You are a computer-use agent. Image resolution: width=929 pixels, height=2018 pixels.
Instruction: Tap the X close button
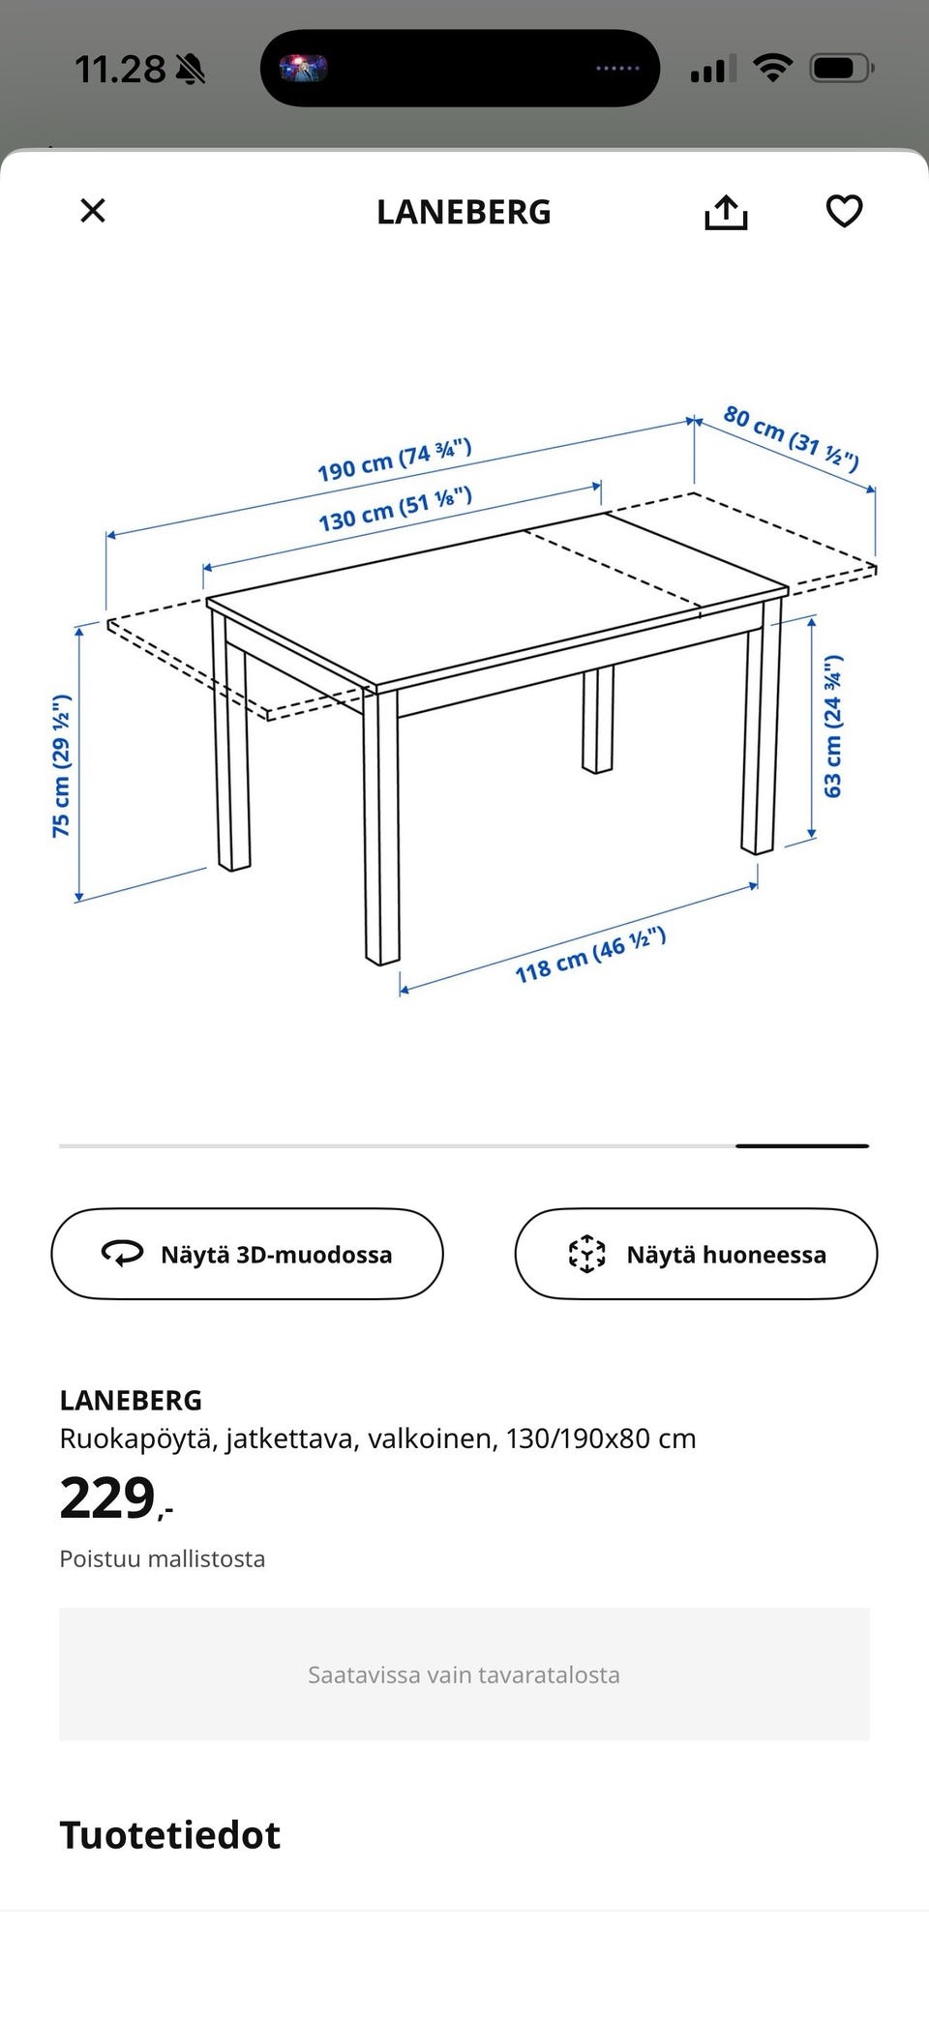pos(93,211)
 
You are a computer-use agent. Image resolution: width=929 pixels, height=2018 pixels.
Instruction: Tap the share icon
pos(726,212)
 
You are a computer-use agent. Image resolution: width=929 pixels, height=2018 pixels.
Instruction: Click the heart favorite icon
pos(844,211)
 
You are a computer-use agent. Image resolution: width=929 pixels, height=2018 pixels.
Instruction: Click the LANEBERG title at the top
pos(464,212)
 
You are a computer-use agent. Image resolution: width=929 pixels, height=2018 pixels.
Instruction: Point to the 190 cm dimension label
pos(394,460)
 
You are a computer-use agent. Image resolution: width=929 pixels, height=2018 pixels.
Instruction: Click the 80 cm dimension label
pos(791,438)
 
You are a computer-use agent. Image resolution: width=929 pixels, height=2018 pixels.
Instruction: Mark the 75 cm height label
pos(61,765)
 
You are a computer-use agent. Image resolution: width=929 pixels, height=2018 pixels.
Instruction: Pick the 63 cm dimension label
pos(832,727)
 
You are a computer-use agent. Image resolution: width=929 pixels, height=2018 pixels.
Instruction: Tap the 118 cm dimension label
pos(590,955)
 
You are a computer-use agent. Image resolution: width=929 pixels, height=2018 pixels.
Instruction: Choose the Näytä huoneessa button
pos(696,1255)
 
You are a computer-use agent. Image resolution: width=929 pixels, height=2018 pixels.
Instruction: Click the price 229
pos(108,1499)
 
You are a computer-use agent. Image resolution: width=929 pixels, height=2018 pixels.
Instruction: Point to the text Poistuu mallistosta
pos(163,1558)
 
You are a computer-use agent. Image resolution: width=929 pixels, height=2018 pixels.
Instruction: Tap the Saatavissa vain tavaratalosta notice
pos(464,1675)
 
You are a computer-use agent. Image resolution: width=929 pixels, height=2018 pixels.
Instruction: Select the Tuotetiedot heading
pos(170,1835)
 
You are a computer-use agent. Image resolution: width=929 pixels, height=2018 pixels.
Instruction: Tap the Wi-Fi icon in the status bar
pos(772,69)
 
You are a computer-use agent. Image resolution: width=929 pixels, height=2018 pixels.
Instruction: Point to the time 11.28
pos(121,70)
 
